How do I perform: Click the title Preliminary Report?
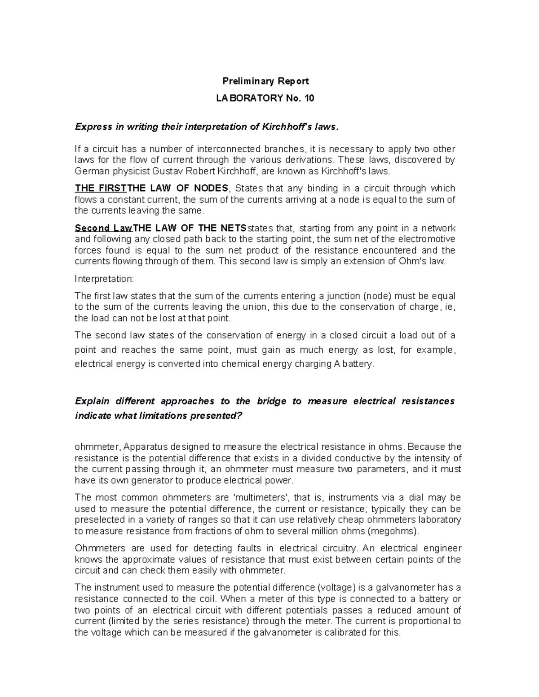[x=266, y=81]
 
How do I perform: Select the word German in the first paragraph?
[x=90, y=171]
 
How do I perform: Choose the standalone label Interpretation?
[x=104, y=279]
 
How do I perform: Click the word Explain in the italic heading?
[x=92, y=401]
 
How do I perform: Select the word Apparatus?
[x=144, y=447]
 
